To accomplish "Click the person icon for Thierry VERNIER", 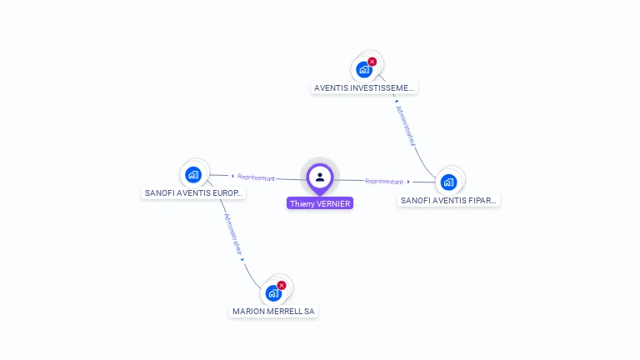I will pyautogui.click(x=320, y=177).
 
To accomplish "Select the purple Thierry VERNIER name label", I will pyautogui.click(x=320, y=203).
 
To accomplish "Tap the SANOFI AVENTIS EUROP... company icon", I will pyautogui.click(x=193, y=174).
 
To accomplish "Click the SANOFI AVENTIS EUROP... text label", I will pyautogui.click(x=194, y=192).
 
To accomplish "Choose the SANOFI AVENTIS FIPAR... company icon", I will pyautogui.click(x=448, y=182).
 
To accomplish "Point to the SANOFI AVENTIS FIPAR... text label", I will pyautogui.click(x=448, y=200).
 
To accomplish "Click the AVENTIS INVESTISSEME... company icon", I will pyautogui.click(x=363, y=70).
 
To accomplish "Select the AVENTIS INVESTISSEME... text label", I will pyautogui.click(x=363, y=87).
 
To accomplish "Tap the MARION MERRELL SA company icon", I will pyautogui.click(x=272, y=293).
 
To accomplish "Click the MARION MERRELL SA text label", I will pyautogui.click(x=274, y=311).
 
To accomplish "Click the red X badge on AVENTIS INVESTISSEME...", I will pyautogui.click(x=372, y=62).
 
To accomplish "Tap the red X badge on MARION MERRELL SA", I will pyautogui.click(x=282, y=285).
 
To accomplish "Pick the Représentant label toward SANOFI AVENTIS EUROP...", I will pyautogui.click(x=256, y=177).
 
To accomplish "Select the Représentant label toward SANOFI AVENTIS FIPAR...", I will pyautogui.click(x=384, y=181).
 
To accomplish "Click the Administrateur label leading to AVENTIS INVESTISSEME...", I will pyautogui.click(x=406, y=126).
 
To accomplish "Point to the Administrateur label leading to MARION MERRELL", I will pyautogui.click(x=232, y=234).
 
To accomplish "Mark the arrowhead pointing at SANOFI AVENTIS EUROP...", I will pyautogui.click(x=232, y=176).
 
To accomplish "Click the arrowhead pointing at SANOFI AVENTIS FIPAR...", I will pyautogui.click(x=408, y=182).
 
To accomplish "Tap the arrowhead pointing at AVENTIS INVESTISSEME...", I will pyautogui.click(x=396, y=102).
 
